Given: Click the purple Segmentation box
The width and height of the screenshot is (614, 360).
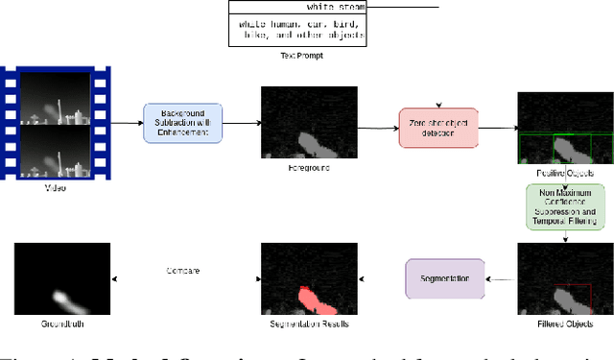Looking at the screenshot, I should (445, 279).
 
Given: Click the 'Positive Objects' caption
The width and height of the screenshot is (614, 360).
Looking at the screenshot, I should (565, 173).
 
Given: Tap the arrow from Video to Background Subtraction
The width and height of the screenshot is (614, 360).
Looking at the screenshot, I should (125, 123).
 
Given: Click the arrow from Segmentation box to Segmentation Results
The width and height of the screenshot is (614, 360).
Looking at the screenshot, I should (382, 279).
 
